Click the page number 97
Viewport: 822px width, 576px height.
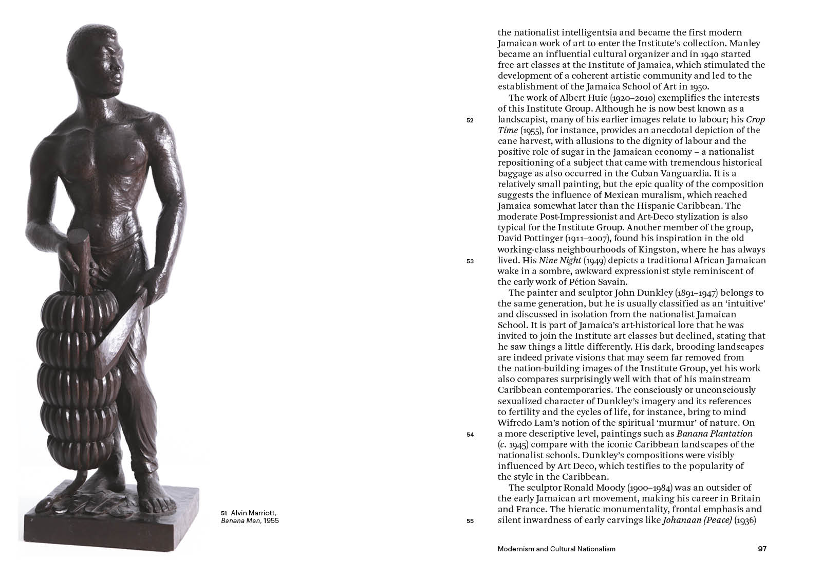[x=762, y=549]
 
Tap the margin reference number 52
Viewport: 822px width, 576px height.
[x=470, y=120]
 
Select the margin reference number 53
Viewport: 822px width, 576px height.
[x=470, y=261]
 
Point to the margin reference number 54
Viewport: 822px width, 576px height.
[x=470, y=435]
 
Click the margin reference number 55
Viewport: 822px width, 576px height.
[x=470, y=521]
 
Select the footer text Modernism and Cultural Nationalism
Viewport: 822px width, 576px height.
[x=556, y=549]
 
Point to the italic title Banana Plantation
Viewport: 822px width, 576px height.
[x=714, y=434]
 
